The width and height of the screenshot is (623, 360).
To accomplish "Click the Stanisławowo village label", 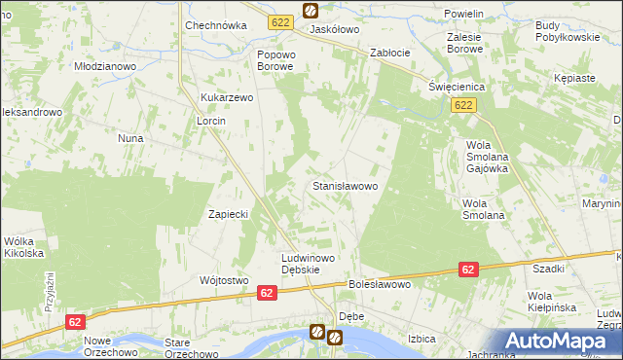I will coord(350,184).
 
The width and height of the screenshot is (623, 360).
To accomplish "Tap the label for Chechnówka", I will coord(212,25).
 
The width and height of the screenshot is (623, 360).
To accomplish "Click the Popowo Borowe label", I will coord(275,60).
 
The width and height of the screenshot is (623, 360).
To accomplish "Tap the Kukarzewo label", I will coord(227,98).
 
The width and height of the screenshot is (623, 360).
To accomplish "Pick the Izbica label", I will coord(421,339).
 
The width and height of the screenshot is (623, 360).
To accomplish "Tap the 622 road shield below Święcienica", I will coord(463,105).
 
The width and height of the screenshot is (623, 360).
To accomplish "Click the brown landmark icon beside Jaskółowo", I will coord(310,11).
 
